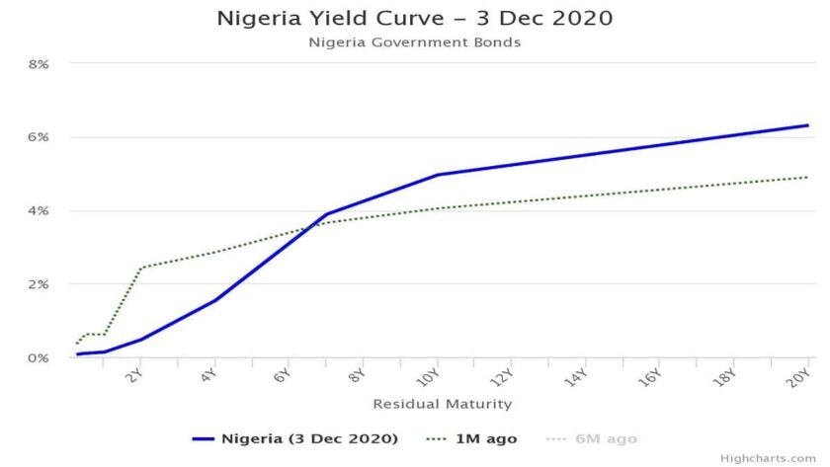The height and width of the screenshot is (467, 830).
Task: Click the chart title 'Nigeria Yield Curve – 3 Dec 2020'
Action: coord(414,19)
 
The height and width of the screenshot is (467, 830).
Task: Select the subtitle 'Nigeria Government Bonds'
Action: coord(414,42)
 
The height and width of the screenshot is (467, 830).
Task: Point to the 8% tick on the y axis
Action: coord(39,64)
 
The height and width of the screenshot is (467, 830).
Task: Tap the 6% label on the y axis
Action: coord(39,137)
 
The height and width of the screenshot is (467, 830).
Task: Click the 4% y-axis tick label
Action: coord(39,211)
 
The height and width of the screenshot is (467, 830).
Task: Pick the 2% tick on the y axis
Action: coord(39,284)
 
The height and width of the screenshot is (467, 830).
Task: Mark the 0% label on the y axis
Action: coord(39,357)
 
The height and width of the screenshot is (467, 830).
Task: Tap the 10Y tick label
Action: coord(428,376)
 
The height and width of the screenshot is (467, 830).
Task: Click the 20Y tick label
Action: coord(801,376)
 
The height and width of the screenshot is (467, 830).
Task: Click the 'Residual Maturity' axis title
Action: coord(442,404)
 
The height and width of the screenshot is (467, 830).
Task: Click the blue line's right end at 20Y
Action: coord(808,125)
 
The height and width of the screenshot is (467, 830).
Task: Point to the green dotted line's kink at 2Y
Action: coord(140,268)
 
